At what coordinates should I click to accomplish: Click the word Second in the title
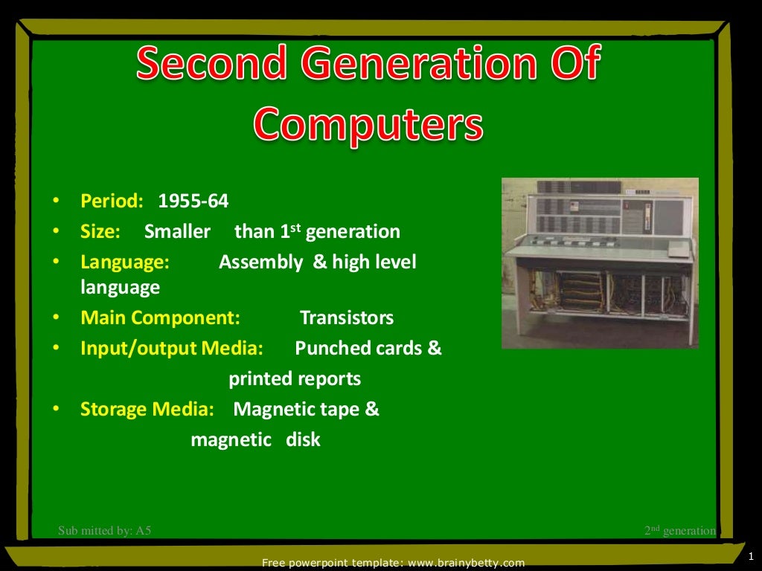[x=211, y=65]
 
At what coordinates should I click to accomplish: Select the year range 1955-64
[x=193, y=201]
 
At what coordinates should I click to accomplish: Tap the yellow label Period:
[x=112, y=201]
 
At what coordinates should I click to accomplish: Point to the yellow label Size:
[x=100, y=231]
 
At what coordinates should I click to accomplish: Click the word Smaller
[x=177, y=231]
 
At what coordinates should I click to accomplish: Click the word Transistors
[x=346, y=318]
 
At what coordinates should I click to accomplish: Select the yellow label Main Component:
[x=160, y=318]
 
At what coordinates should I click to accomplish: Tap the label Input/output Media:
[x=171, y=348]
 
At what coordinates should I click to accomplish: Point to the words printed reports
[x=294, y=379]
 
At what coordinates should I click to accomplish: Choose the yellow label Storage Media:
[x=147, y=409]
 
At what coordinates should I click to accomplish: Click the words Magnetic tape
[x=298, y=409]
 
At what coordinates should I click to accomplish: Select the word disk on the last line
[x=303, y=439]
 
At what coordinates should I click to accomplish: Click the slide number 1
[x=751, y=555]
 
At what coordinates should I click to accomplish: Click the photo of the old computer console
[x=599, y=262]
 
